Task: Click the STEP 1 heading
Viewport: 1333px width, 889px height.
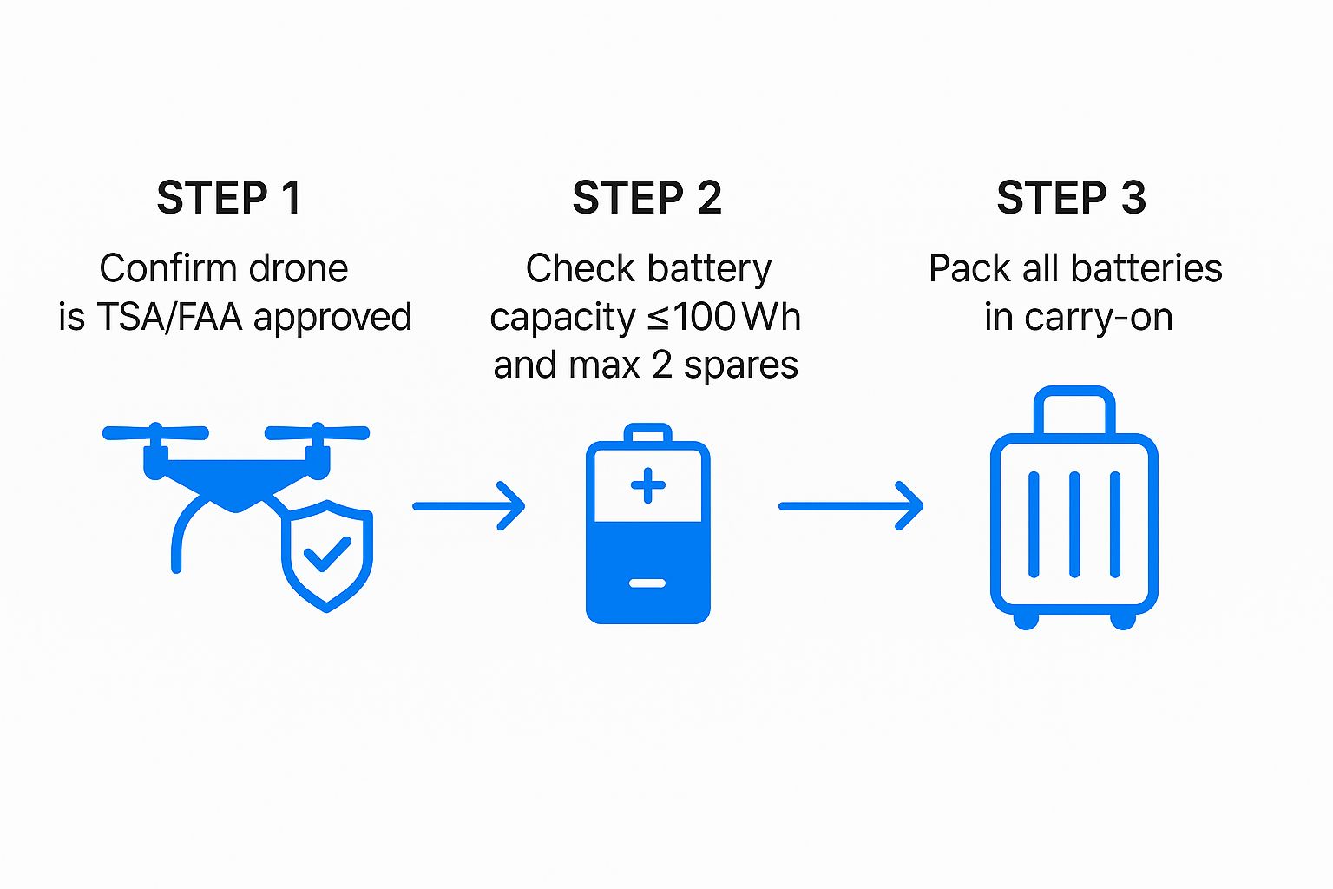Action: tap(228, 198)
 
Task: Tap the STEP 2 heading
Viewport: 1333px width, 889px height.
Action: tap(647, 198)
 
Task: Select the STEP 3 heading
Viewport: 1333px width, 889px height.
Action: tap(1071, 198)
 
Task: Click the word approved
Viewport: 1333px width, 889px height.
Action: tap(332, 319)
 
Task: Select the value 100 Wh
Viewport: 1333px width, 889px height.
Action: tap(736, 317)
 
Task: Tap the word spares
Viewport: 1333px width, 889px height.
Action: tap(740, 365)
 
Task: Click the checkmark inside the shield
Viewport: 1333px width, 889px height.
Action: tap(327, 553)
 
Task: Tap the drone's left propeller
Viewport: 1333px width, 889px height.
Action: tap(155, 431)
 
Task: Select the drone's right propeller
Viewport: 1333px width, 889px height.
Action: tap(318, 431)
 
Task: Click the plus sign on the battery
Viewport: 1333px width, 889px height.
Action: tap(648, 485)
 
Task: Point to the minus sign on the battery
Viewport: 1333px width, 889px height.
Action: tap(647, 583)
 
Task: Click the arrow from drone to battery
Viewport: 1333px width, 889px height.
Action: tap(469, 505)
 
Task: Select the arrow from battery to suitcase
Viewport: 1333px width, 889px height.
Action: tap(850, 505)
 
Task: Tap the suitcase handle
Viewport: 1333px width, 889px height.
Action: tap(1074, 409)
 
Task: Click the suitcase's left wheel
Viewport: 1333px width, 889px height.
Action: tap(1026, 620)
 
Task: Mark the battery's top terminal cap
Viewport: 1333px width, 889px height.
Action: tap(648, 432)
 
